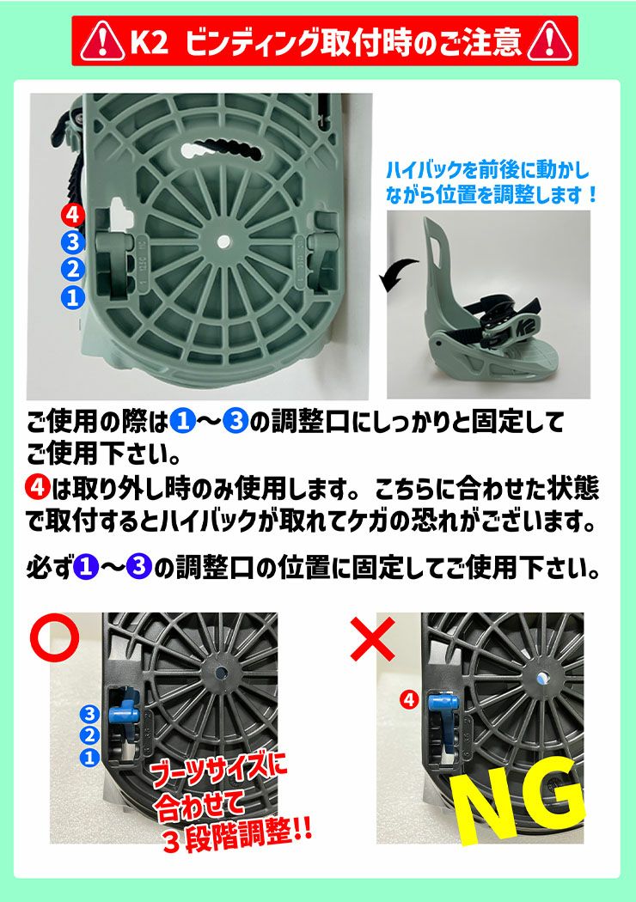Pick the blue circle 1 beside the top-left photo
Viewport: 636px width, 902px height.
[x=73, y=297]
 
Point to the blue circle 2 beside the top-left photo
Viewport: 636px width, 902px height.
[x=73, y=270]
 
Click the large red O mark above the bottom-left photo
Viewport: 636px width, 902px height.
[x=54, y=637]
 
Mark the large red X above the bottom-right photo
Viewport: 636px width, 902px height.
[x=371, y=637]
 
